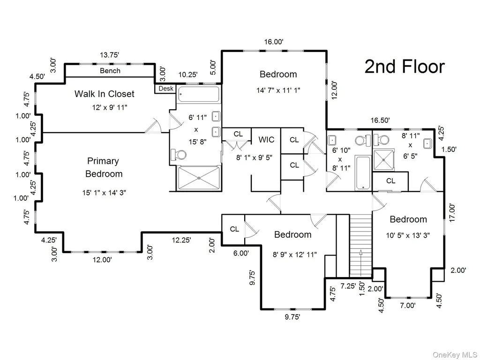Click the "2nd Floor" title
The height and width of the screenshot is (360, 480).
click(405, 67)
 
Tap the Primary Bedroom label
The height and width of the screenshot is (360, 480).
click(104, 167)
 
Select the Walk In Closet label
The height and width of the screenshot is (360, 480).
click(105, 94)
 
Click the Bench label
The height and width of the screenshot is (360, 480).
click(110, 71)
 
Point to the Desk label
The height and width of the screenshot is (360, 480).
click(166, 89)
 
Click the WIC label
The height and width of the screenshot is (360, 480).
click(266, 140)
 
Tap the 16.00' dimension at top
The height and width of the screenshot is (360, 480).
click(274, 42)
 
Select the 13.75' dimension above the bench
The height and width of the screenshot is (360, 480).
click(109, 55)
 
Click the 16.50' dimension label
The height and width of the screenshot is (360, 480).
click(380, 120)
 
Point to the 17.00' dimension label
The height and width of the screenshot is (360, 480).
click(452, 213)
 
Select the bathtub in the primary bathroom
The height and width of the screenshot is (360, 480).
click(199, 94)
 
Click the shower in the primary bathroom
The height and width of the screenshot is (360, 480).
click(199, 178)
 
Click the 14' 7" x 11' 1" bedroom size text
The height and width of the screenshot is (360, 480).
click(278, 90)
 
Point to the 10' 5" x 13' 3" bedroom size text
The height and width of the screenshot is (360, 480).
click(408, 235)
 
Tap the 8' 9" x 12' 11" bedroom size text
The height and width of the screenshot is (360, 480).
click(294, 255)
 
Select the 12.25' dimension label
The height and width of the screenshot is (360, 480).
click(181, 240)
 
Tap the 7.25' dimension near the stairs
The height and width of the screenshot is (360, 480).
click(348, 286)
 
